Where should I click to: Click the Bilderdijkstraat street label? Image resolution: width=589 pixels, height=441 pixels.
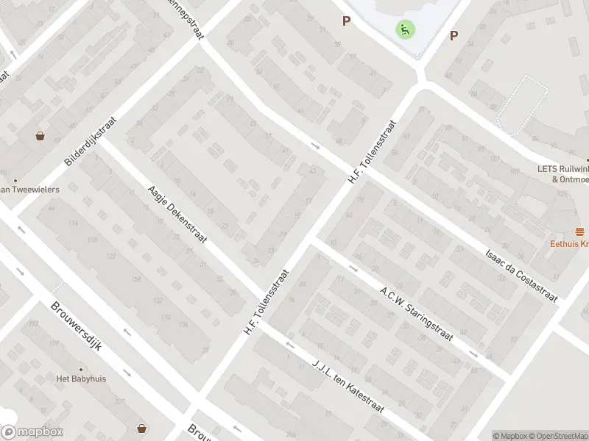coord(91,140)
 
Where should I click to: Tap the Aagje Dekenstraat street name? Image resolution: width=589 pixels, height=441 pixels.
coord(177,214)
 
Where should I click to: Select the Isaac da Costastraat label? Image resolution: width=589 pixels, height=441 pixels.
coord(521,274)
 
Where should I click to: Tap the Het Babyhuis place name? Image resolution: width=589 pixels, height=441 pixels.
coord(82,379)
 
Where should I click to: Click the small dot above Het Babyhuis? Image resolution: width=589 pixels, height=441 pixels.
coord(82,369)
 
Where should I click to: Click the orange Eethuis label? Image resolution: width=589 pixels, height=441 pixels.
coord(569,244)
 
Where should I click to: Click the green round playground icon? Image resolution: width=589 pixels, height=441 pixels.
coord(405,29)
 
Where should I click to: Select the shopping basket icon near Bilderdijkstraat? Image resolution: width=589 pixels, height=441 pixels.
coord(40,136)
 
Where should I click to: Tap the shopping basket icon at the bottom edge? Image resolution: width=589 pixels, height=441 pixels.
coord(141,428)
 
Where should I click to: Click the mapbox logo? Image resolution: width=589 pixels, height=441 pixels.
coord(32,432)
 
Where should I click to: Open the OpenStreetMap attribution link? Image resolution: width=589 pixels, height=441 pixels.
coord(557,436)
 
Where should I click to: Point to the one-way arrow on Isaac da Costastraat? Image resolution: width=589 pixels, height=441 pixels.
coord(315,145)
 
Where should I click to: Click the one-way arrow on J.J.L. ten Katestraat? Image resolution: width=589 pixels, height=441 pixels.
coord(289,345)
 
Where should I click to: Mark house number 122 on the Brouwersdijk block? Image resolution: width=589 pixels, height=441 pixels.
coord(111,256)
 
